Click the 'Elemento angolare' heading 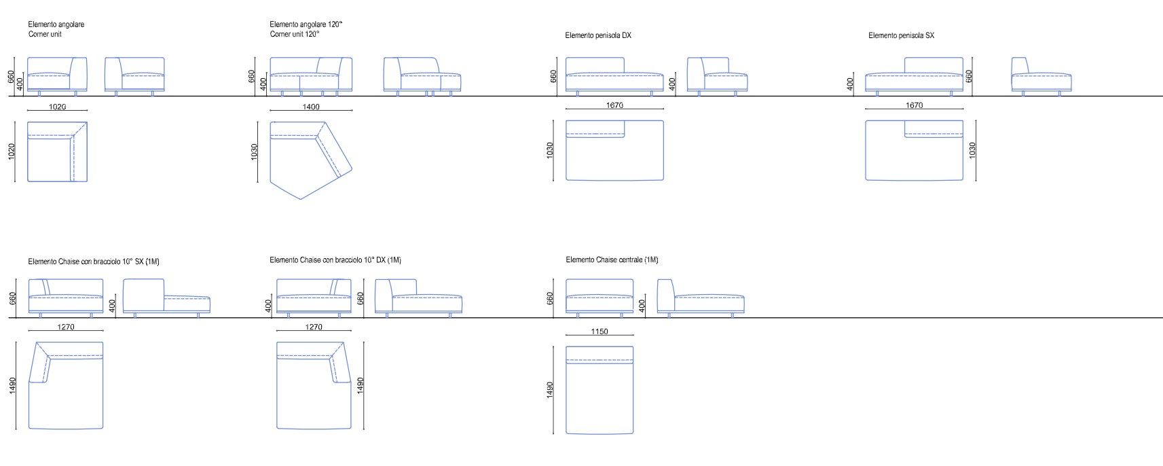point(56,24)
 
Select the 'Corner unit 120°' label point(294,34)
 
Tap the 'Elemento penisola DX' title point(597,35)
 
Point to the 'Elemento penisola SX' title point(901,35)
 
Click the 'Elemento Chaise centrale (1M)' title point(612,259)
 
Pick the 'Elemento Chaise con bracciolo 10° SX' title point(94,261)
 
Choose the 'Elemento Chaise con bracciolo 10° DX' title point(335,259)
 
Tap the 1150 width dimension point(599,331)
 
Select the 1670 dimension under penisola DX point(614,105)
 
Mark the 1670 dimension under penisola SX point(915,105)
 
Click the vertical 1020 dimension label point(12,151)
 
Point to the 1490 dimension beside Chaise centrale point(550,390)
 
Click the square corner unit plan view point(57,151)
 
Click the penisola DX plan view point(614,151)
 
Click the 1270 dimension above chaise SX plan point(66,327)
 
